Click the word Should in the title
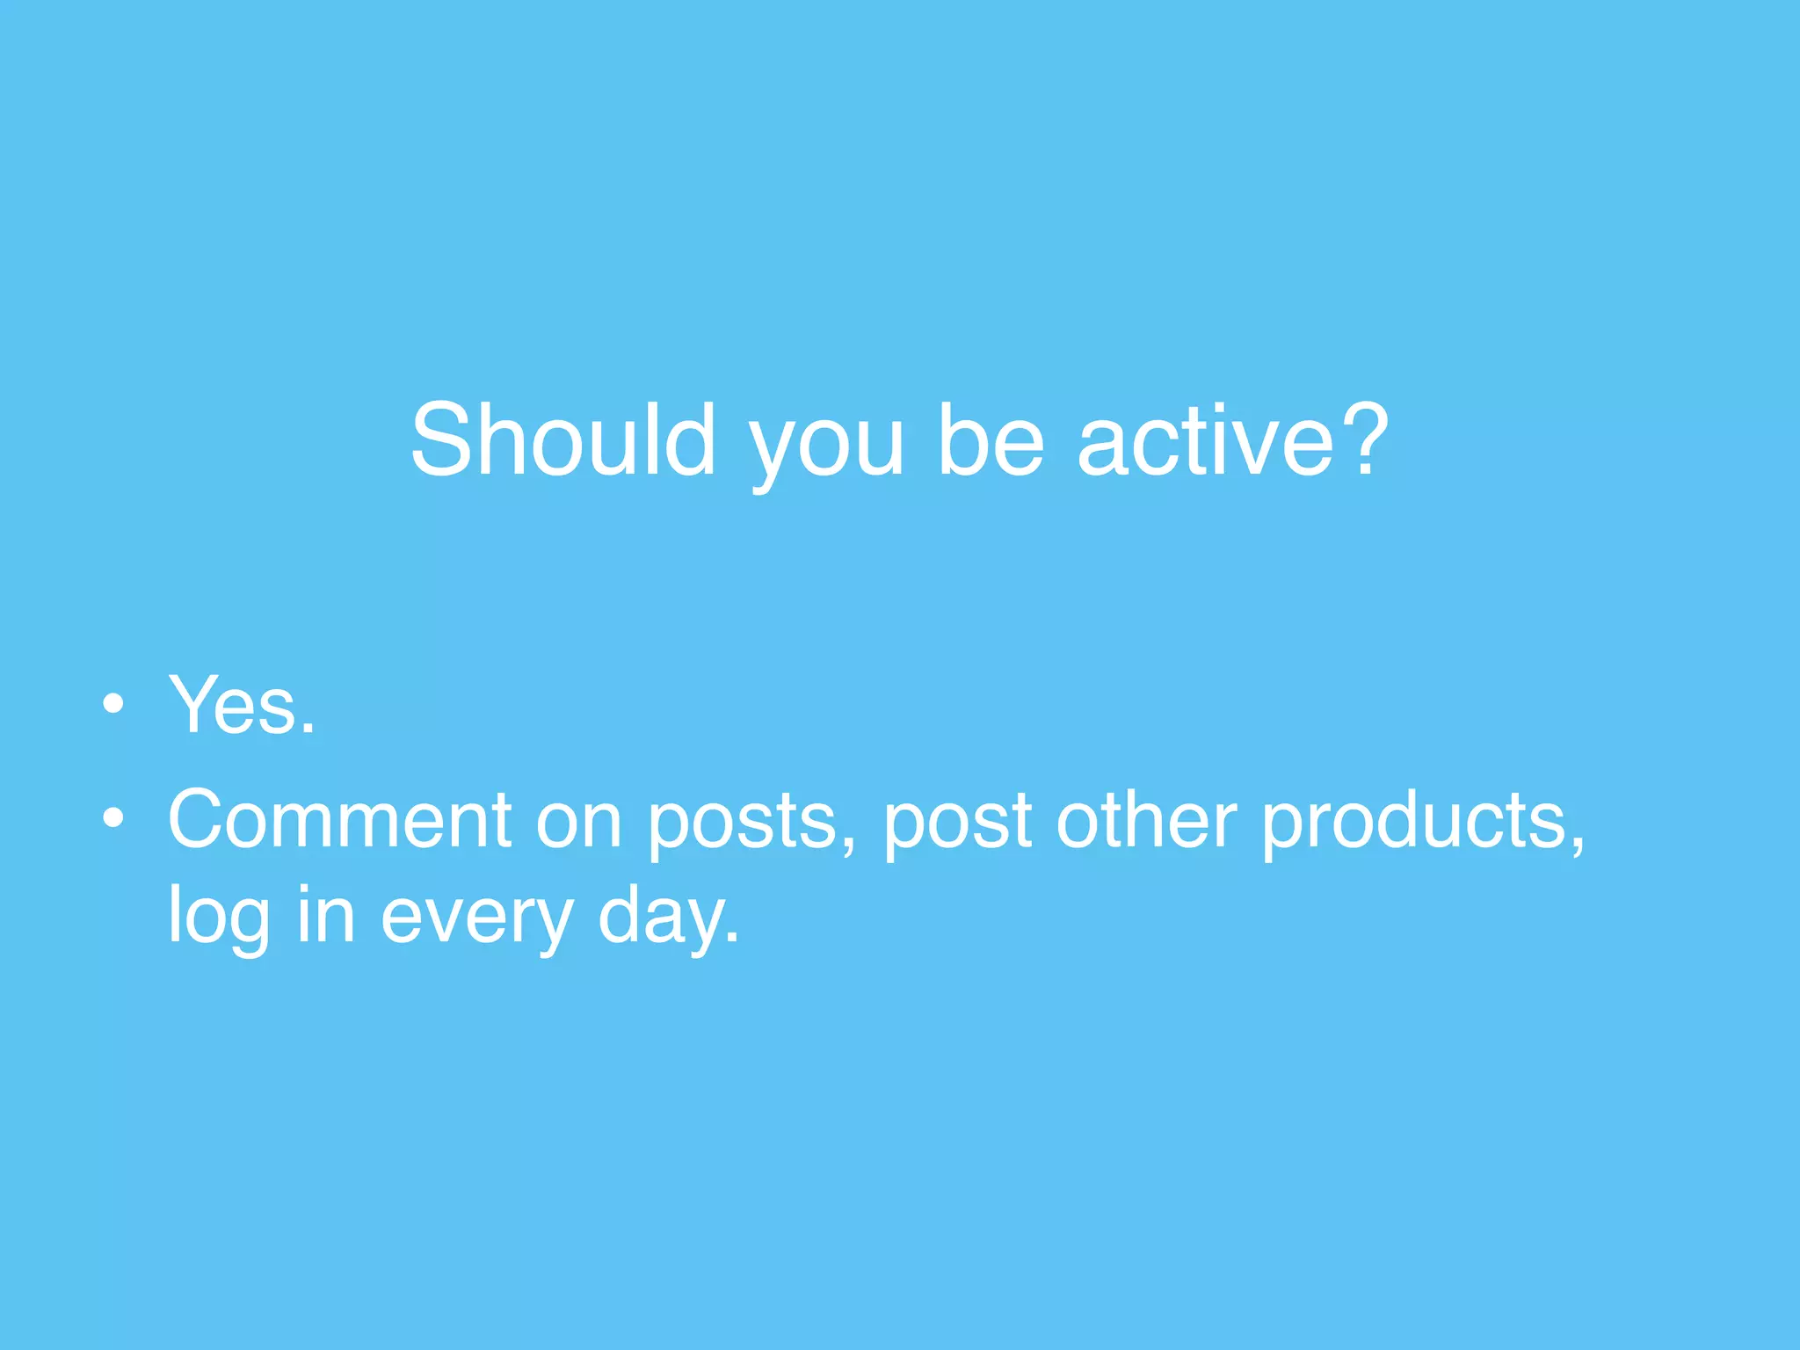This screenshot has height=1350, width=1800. tap(562, 439)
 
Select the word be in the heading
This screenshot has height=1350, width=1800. tap(991, 439)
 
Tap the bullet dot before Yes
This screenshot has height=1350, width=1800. tap(112, 704)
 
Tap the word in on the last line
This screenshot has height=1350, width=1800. tap(325, 914)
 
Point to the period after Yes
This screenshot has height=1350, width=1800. tap(307, 729)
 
